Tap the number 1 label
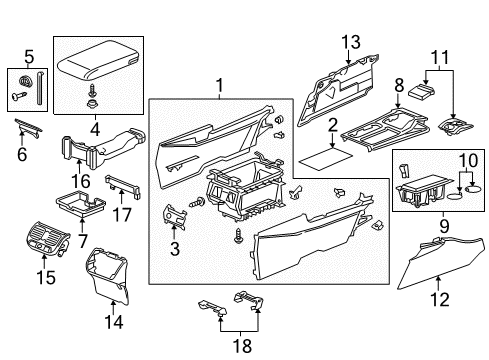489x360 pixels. [x=217, y=88]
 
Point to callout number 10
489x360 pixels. [x=466, y=160]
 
